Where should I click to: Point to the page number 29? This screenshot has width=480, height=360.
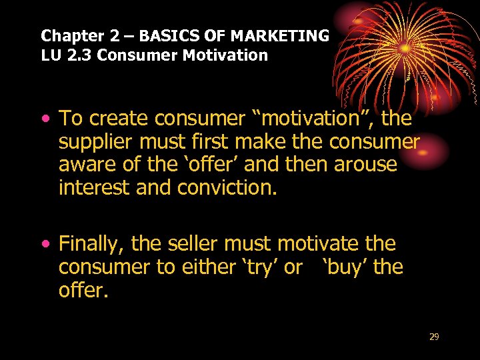pos(434,337)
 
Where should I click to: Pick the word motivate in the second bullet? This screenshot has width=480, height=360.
pos(321,244)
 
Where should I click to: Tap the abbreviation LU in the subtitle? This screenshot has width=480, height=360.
pos(51,55)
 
